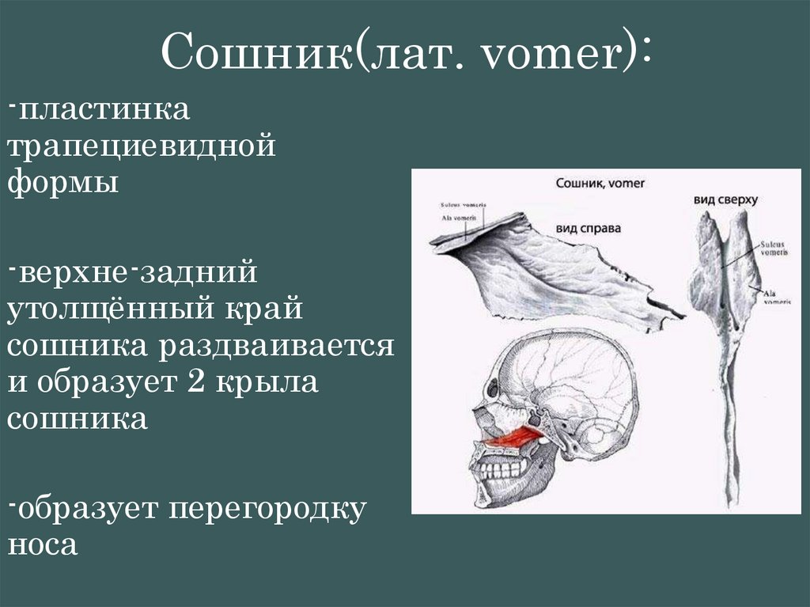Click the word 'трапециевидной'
coord(142,148)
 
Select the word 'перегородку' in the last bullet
coord(267,508)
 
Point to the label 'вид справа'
coord(589,229)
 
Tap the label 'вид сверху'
coord(725,200)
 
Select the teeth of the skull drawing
coord(498,469)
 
